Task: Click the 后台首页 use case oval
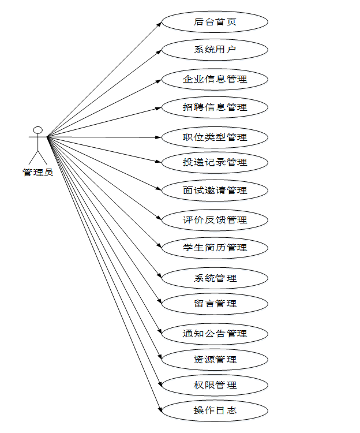pos(215,22)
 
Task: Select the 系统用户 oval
pos(215,50)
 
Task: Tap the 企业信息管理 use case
pos(215,79)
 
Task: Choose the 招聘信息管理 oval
pos(215,107)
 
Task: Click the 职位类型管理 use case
pos(215,137)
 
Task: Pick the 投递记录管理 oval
pos(215,162)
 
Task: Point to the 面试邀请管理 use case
pos(215,191)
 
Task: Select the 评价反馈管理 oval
pos(215,220)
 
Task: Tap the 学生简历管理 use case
pos(215,248)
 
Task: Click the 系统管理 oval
pos(215,278)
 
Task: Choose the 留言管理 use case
pos(215,304)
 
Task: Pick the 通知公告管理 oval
pos(215,334)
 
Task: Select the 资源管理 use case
pos(215,360)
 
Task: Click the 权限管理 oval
pos(215,385)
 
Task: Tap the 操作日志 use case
pos(215,411)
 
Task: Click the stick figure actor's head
pos(38,130)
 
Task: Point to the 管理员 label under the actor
pos(38,172)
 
